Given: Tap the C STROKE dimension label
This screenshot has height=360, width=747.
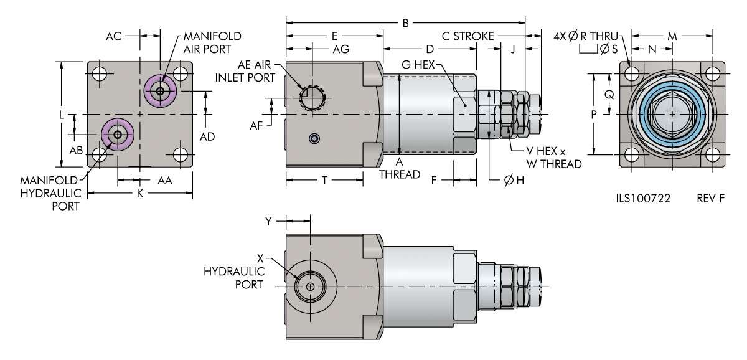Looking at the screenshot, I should pyautogui.click(x=469, y=37).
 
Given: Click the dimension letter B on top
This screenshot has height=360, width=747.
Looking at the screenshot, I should pyautogui.click(x=405, y=24).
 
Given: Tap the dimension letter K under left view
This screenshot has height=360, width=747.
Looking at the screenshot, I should pyautogui.click(x=140, y=194).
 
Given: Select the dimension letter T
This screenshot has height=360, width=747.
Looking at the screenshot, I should pyautogui.click(x=324, y=180).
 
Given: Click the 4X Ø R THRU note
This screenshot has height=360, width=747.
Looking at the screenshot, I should pyautogui.click(x=581, y=37).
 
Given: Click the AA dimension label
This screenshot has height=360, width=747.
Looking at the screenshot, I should pyautogui.click(x=164, y=180).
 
